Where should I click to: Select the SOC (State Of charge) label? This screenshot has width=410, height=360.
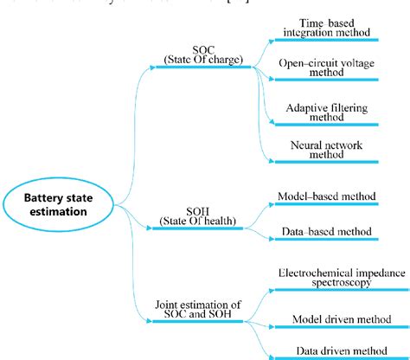[200, 55]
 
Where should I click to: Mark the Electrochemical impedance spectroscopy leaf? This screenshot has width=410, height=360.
[329, 278]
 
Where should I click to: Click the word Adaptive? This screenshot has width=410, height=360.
[304, 106]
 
